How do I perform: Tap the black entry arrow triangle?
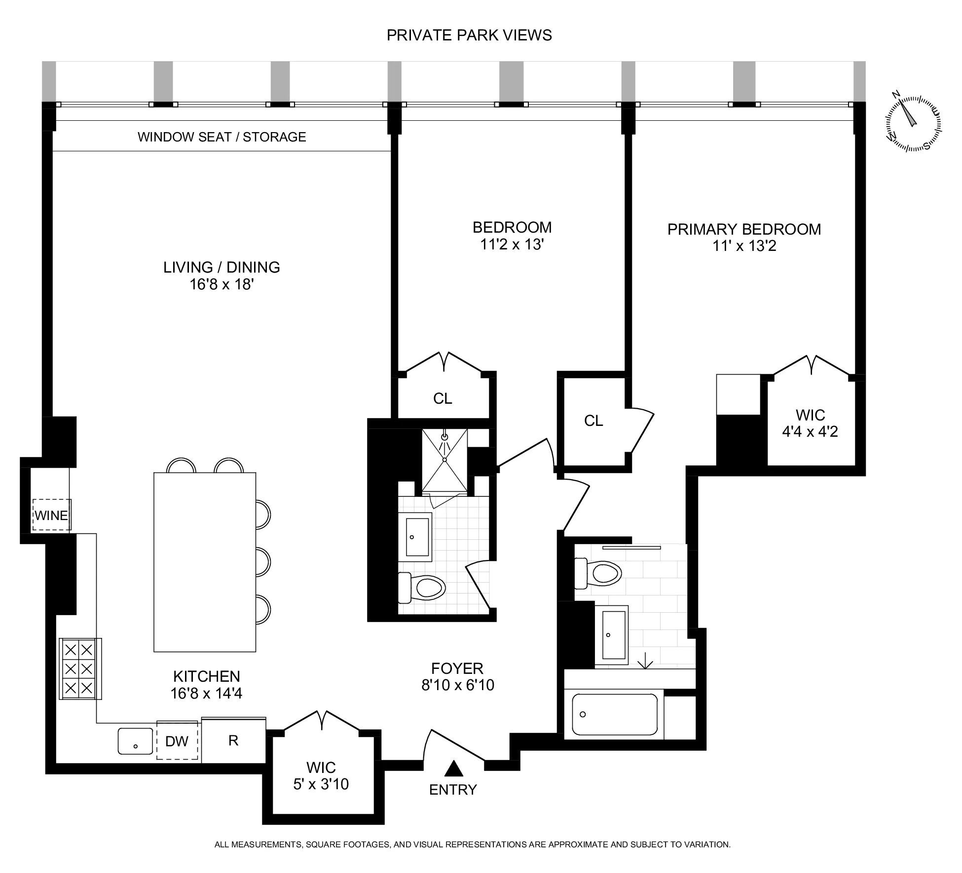[453, 769]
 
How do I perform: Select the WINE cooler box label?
[51, 515]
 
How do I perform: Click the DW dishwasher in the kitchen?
[177, 741]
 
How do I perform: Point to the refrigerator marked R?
[234, 740]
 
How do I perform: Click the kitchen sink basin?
[136, 741]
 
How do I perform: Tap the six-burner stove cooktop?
[80, 668]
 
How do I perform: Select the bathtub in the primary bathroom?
[614, 714]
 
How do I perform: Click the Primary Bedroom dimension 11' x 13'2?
[744, 246]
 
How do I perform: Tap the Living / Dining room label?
[222, 267]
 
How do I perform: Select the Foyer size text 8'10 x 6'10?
[457, 685]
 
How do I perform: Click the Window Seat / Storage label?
[222, 137]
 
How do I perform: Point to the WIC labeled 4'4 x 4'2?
[810, 423]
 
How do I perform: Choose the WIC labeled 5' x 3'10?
[321, 776]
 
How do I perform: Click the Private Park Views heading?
[469, 35]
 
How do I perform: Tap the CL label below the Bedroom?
[443, 398]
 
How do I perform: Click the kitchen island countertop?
[205, 562]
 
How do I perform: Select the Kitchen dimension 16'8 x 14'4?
[206, 694]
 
